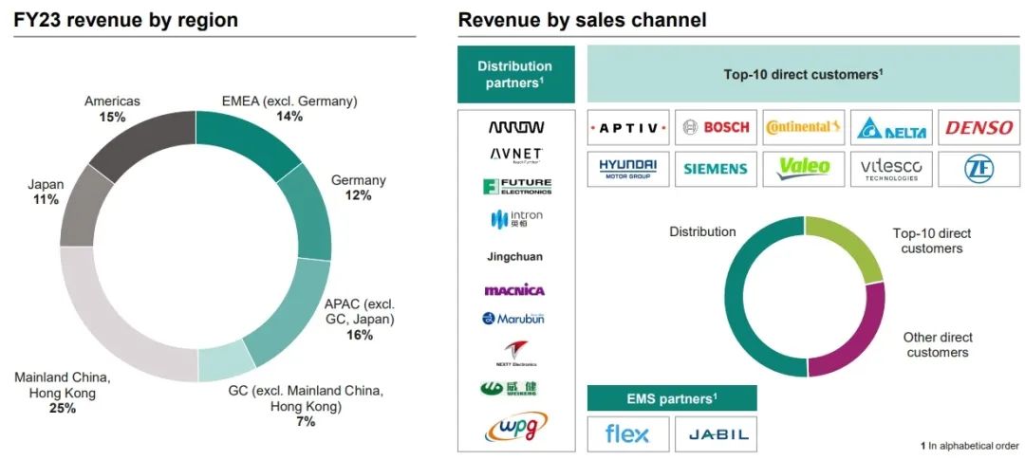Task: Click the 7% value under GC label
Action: pyautogui.click(x=305, y=421)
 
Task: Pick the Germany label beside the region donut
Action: pyautogui.click(x=358, y=180)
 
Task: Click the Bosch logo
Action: pyautogui.click(x=717, y=127)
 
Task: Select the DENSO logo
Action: pyautogui.click(x=979, y=127)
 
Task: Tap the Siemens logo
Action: pyautogui.click(x=717, y=169)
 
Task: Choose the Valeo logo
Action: pyautogui.click(x=804, y=168)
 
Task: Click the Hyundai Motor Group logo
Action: pyautogui.click(x=628, y=169)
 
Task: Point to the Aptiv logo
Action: pyautogui.click(x=628, y=127)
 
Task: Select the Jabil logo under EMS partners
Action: pyautogui.click(x=717, y=434)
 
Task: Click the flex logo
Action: pyautogui.click(x=627, y=434)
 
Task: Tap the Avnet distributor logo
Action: pyautogui.click(x=515, y=155)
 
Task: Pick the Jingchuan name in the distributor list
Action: pyautogui.click(x=515, y=256)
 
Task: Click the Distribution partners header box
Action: pyautogui.click(x=515, y=74)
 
